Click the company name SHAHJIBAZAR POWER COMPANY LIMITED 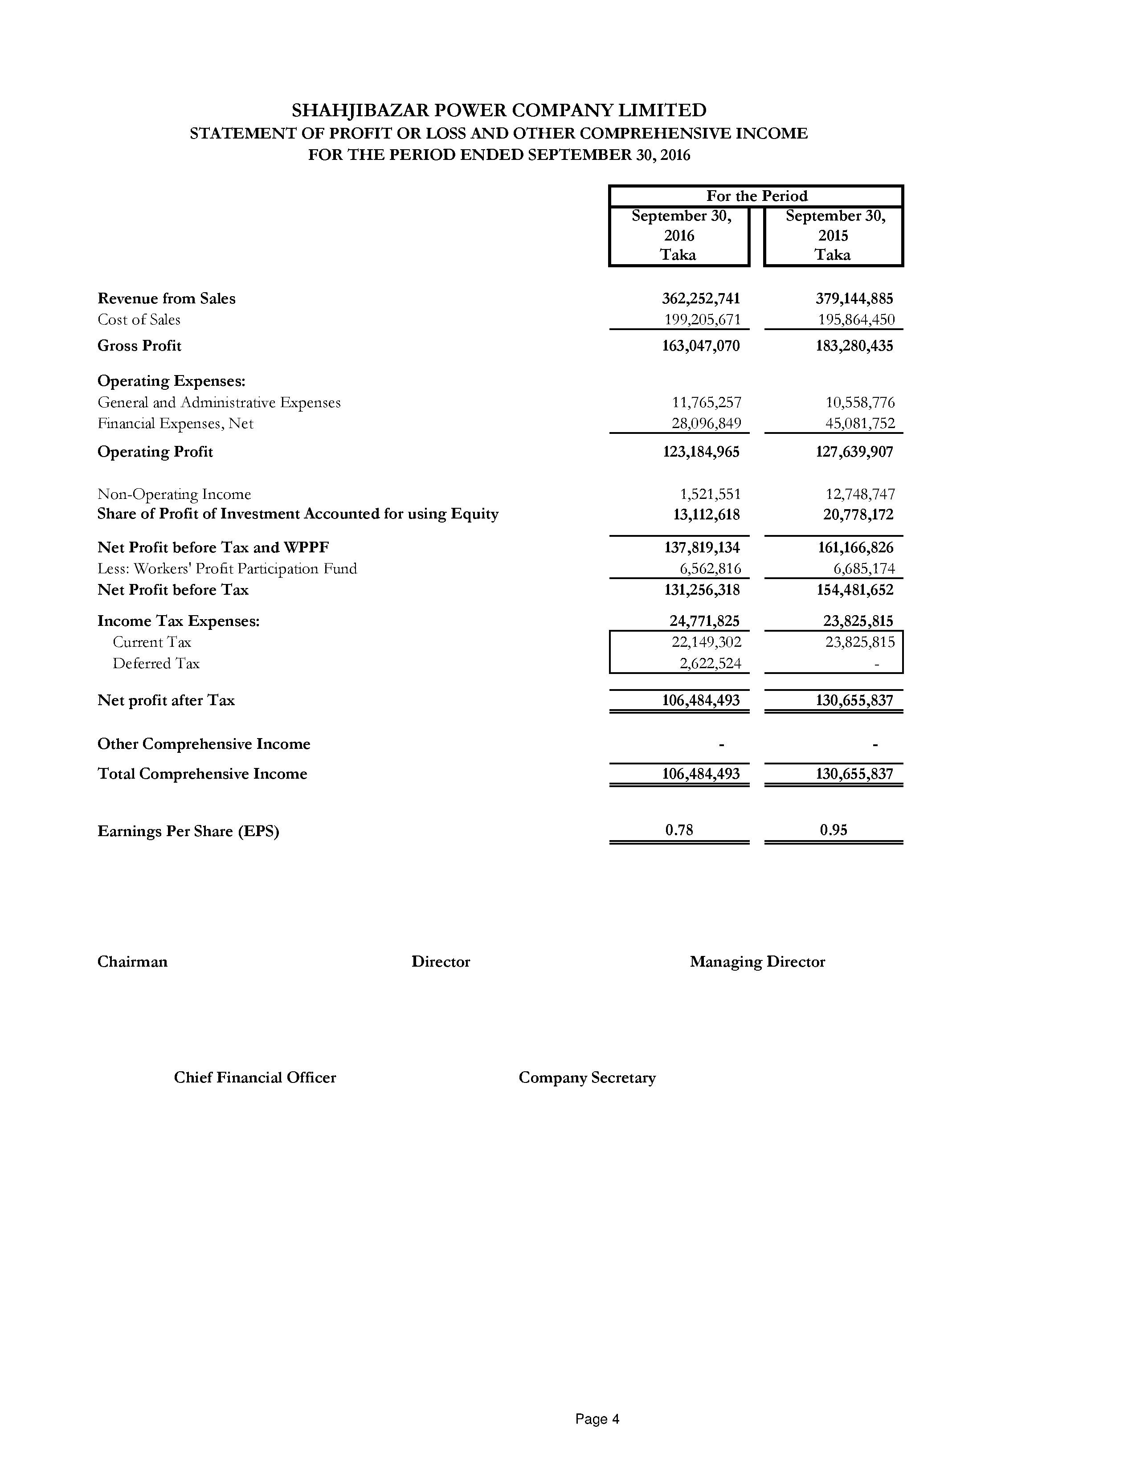(499, 110)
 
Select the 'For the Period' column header (756, 196)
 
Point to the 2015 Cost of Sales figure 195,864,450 (856, 320)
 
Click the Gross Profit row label (139, 346)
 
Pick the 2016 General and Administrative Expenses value (707, 403)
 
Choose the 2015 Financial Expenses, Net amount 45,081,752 (860, 423)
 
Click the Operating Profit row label (155, 452)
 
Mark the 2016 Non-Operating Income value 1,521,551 (710, 494)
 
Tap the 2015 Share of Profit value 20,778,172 (858, 515)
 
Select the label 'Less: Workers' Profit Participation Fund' (227, 569)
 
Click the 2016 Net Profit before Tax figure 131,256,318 (701, 590)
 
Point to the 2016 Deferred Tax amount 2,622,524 (710, 664)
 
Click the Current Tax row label (151, 642)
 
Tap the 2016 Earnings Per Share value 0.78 (679, 830)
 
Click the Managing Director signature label (757, 962)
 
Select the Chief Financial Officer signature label (254, 1078)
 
